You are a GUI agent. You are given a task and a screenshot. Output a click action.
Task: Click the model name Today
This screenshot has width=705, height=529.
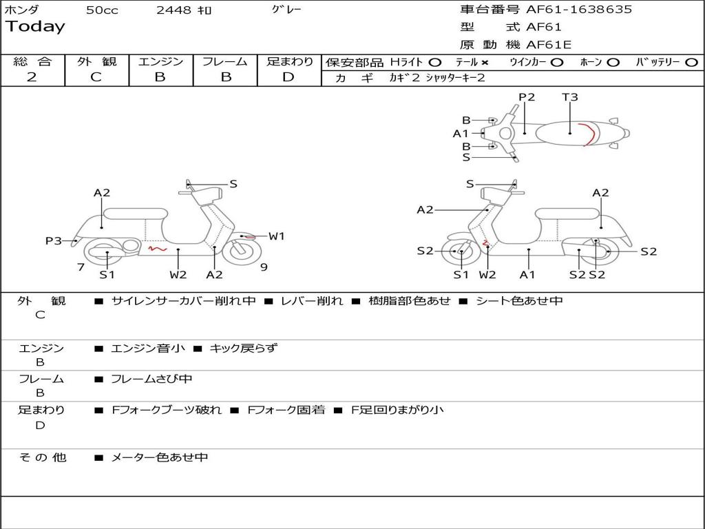tap(35, 27)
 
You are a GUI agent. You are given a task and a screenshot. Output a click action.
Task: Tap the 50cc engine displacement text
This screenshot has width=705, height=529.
tap(101, 10)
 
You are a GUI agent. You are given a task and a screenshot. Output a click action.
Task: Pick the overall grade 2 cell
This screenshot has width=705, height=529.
tap(32, 77)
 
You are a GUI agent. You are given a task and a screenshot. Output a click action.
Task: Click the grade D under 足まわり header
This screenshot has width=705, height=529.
tap(288, 77)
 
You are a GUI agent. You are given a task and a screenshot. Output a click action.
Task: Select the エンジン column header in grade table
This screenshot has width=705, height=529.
tap(160, 62)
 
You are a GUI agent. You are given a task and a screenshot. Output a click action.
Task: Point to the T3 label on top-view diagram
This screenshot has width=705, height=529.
tap(570, 97)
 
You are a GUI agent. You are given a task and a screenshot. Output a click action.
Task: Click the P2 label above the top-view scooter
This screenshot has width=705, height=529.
tap(527, 97)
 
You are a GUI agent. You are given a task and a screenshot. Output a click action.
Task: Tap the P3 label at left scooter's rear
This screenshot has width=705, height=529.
tap(54, 241)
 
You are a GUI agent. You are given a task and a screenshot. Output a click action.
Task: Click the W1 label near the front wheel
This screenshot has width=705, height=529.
tap(277, 236)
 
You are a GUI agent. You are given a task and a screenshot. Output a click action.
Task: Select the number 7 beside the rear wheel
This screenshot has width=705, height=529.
tap(81, 267)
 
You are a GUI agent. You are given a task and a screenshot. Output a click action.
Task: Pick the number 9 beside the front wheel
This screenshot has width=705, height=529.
tap(264, 267)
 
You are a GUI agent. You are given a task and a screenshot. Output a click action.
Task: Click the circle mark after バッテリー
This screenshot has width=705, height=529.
tap(692, 62)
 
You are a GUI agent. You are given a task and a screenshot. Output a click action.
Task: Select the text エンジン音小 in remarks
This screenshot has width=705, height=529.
tap(148, 349)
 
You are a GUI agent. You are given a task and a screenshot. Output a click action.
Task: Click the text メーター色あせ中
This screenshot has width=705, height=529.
tap(160, 457)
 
